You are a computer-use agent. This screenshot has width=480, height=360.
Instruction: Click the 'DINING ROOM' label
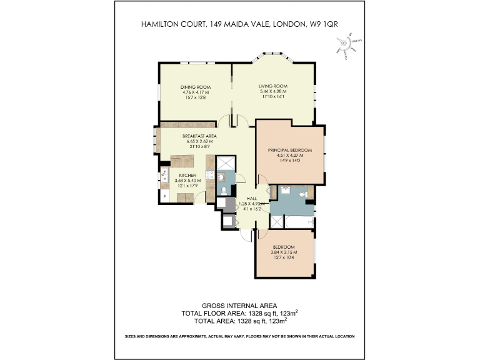pyautogui.click(x=195, y=87)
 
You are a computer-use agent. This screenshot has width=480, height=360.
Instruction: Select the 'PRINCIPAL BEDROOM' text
pyautogui.click(x=289, y=150)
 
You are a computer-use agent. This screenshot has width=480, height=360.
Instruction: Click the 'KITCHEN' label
pyautogui.click(x=188, y=176)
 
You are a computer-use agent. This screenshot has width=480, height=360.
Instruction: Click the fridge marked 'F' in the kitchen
pyautogui.click(x=164, y=197)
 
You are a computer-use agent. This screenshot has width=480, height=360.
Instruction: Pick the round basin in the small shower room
pyautogui.click(x=223, y=177)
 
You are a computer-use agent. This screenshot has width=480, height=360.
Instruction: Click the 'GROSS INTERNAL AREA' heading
pyautogui.click(x=239, y=306)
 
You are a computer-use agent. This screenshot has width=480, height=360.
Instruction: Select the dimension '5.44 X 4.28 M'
pyautogui.click(x=272, y=92)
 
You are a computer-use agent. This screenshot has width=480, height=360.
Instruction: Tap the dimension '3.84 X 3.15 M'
pyautogui.click(x=284, y=252)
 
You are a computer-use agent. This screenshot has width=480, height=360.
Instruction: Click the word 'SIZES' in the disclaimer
pyautogui.click(x=132, y=336)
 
